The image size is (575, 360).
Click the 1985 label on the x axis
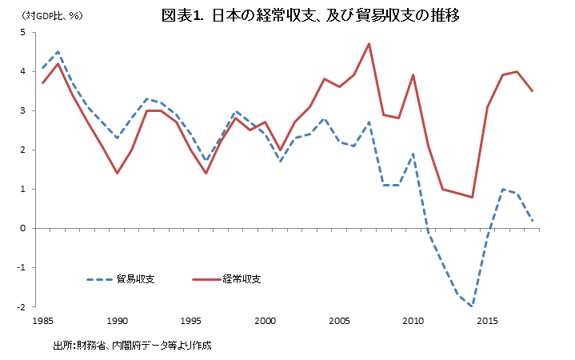pyautogui.click(x=43, y=321)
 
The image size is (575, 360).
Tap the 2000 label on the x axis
pyautogui.click(x=266, y=321)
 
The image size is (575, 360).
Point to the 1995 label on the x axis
pyautogui.click(x=191, y=321)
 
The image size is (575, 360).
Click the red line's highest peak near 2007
pyautogui.click(x=369, y=44)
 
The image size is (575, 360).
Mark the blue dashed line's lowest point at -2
pyautogui.click(x=473, y=306)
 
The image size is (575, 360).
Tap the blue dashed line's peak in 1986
pyautogui.click(x=58, y=52)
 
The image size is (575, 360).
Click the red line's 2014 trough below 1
pyautogui.click(x=473, y=197)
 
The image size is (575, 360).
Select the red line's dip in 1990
pyautogui.click(x=117, y=173)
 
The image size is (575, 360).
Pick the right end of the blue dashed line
pyautogui.click(x=533, y=221)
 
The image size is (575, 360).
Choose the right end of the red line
pyautogui.click(x=533, y=91)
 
